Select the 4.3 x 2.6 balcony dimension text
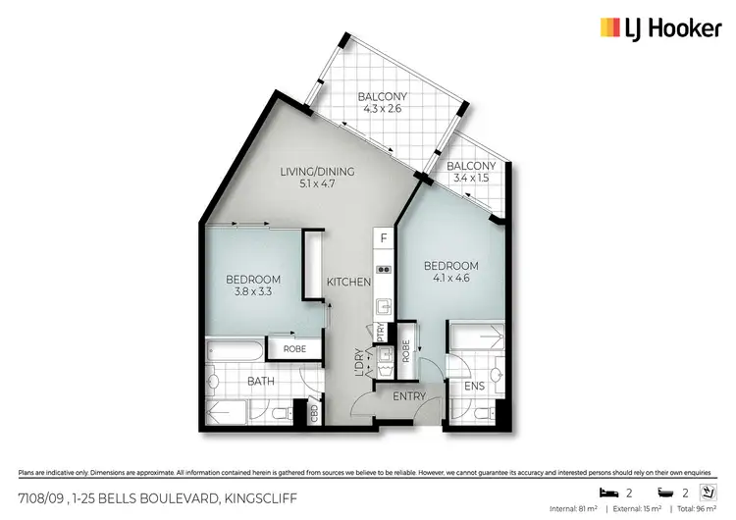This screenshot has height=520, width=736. click(x=382, y=110)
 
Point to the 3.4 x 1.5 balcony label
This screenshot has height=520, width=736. click(x=471, y=179)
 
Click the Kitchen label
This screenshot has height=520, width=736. click(x=350, y=282)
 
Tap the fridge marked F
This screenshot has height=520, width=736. click(x=384, y=238)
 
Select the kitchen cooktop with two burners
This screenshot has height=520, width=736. click(x=384, y=269)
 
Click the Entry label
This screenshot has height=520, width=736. click(x=409, y=396)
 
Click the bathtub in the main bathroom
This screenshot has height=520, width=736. click(x=236, y=350)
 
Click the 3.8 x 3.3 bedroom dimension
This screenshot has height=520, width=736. click(x=254, y=291)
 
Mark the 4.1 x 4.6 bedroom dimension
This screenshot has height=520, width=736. click(x=450, y=280)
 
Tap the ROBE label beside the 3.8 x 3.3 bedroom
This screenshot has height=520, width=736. click(x=294, y=348)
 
